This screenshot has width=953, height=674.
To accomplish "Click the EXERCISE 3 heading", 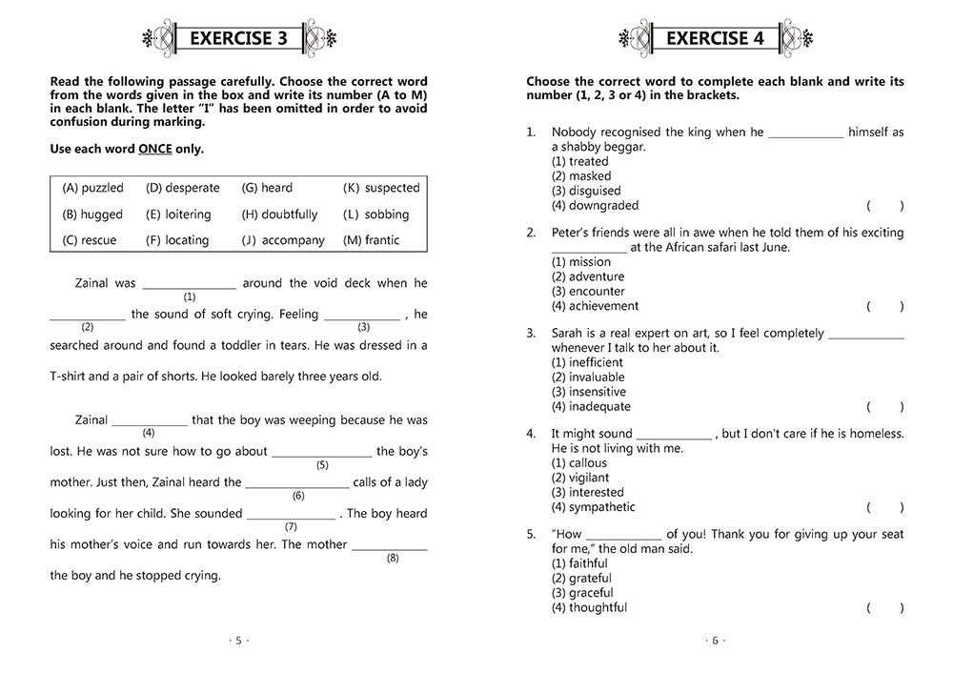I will point(238,39).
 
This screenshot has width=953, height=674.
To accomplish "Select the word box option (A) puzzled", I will point(92,188).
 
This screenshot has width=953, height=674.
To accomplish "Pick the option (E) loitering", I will point(178,214).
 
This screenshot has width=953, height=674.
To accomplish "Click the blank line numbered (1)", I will point(189,285).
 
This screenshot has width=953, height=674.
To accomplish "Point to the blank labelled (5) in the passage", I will point(321,453).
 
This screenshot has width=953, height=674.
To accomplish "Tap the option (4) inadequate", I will point(591,406).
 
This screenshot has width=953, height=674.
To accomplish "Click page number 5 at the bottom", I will point(238,641).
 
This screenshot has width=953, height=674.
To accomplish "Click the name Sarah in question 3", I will point(568,334).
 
